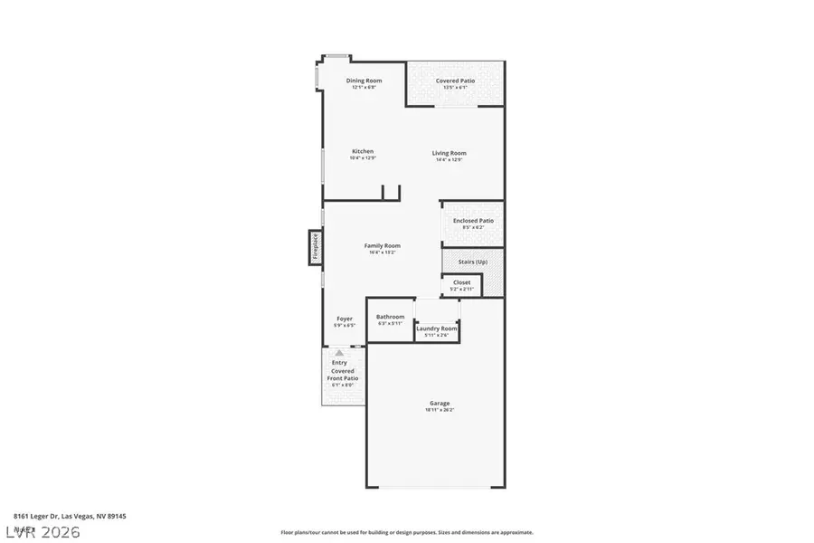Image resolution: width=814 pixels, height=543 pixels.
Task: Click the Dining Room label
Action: tap(364, 81)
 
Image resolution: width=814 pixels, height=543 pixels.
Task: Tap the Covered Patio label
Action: tap(455, 81)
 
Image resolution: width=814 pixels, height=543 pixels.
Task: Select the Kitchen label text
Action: tap(363, 151)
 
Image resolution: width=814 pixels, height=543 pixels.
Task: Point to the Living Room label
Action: tap(449, 153)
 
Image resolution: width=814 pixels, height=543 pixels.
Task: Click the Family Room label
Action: tap(382, 245)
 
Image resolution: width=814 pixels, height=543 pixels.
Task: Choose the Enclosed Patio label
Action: tap(473, 221)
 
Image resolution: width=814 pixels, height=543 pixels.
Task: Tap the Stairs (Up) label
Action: tap(473, 262)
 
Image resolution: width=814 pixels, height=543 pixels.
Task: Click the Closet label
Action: tap(461, 282)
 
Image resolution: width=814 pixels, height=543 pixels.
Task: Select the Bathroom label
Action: tap(391, 317)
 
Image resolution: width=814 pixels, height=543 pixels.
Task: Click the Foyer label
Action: tap(345, 319)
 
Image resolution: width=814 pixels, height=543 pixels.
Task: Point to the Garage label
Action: tap(440, 403)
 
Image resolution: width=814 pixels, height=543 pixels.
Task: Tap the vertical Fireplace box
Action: tap(315, 247)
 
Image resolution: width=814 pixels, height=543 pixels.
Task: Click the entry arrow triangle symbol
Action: tap(339, 352)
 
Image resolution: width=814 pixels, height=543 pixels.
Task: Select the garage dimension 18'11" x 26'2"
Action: tap(440, 410)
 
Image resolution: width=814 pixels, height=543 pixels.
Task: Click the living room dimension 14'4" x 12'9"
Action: tap(449, 159)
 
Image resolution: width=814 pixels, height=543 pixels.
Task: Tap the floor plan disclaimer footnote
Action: tap(406, 532)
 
